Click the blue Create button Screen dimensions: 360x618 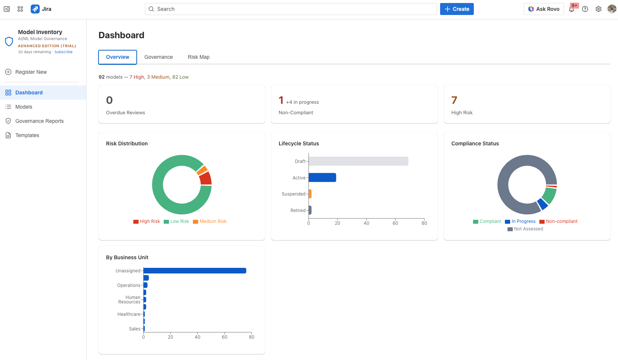point(457,9)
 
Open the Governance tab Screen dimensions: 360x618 point(158,57)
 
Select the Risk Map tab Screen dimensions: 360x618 point(199,57)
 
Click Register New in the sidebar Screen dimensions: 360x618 point(31,72)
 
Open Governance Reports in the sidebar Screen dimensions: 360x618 point(39,121)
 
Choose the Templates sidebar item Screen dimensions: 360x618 point(27,135)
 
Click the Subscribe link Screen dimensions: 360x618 point(63,52)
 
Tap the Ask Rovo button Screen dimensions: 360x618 point(543,9)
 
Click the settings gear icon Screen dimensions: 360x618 point(599,9)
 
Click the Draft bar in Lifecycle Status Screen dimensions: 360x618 point(358,161)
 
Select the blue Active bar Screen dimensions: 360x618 point(322,178)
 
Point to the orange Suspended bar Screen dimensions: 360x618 point(310,194)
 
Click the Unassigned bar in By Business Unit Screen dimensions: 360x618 point(195,270)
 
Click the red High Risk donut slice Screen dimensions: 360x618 point(206,178)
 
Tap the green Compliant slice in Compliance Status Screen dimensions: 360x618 point(549,195)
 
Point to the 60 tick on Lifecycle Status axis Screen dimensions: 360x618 point(395,223)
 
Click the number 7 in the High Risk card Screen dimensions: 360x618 point(454,100)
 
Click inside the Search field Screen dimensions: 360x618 point(291,9)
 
